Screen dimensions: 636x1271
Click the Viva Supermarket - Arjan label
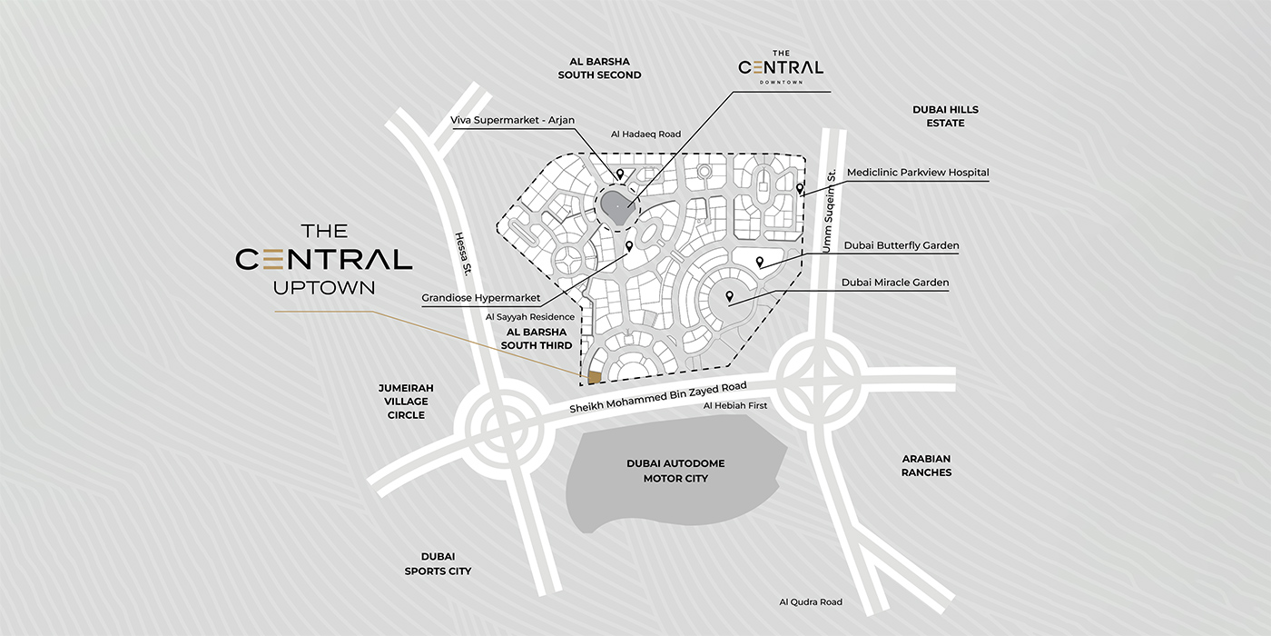tap(513, 120)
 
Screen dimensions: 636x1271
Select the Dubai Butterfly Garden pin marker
tap(760, 263)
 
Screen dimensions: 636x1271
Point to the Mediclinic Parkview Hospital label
tap(918, 173)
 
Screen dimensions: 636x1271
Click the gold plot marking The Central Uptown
tap(595, 377)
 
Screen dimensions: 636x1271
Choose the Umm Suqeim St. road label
tap(828, 211)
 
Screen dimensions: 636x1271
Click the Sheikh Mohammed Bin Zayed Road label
tap(658, 398)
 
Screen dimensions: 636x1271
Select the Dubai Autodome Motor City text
tap(675, 471)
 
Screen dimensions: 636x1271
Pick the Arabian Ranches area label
tap(926, 466)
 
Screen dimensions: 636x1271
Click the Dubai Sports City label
tap(438, 563)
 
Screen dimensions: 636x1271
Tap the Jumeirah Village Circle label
tap(406, 401)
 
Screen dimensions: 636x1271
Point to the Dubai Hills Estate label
tap(945, 116)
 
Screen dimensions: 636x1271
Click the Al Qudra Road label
tap(811, 601)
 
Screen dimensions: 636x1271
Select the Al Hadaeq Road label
tap(645, 134)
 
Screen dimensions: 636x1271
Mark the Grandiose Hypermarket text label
tap(481, 298)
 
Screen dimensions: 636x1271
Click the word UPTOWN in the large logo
tap(324, 288)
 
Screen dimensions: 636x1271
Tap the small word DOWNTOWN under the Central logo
tap(781, 83)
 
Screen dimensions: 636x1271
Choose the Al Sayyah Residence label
tap(530, 317)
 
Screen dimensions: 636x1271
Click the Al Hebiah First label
tap(735, 405)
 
